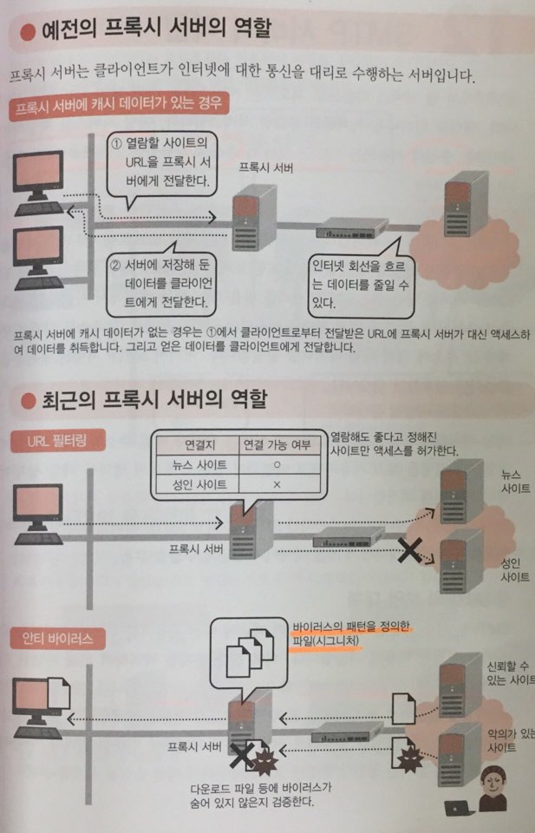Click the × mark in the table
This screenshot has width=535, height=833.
tap(277, 484)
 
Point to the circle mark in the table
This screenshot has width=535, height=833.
tap(277, 465)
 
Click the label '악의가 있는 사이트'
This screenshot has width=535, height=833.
tap(510, 739)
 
